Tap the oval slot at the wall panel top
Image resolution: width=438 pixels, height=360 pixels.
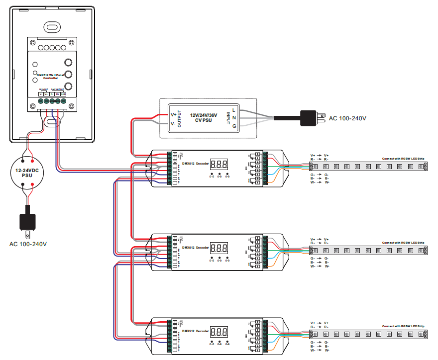pos(51,26)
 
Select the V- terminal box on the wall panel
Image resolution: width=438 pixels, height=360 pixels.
pos(41,94)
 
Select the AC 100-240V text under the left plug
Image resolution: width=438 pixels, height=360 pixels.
pos(28,244)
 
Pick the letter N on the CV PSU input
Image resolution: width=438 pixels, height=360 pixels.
pos(234,118)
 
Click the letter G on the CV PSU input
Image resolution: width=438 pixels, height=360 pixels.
pos(234,127)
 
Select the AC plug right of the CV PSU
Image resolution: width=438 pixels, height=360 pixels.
pos(312,118)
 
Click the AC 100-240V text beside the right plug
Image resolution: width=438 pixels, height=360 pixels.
pos(347,118)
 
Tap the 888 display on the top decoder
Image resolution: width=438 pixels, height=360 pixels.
pos(219,164)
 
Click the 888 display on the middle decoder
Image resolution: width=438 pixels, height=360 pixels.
pos(219,248)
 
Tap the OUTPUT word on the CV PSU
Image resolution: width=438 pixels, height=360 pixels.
pos(179,118)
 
